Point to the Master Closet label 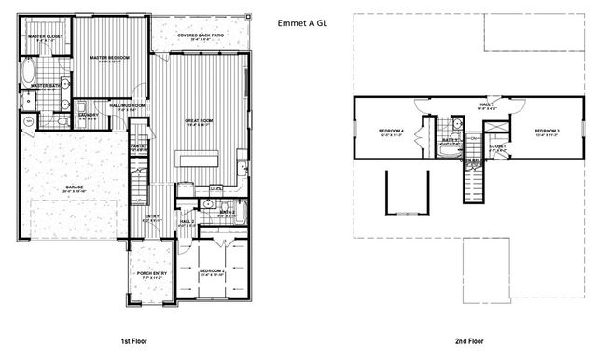coord(44,38)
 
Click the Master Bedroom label coord(109,59)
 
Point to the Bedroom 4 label coord(391,131)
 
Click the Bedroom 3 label coord(546,131)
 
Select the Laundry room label coord(88,117)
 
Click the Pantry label coord(139,146)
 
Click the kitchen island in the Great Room coord(199,159)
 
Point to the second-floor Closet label coord(497,145)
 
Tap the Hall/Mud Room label coord(127,106)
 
